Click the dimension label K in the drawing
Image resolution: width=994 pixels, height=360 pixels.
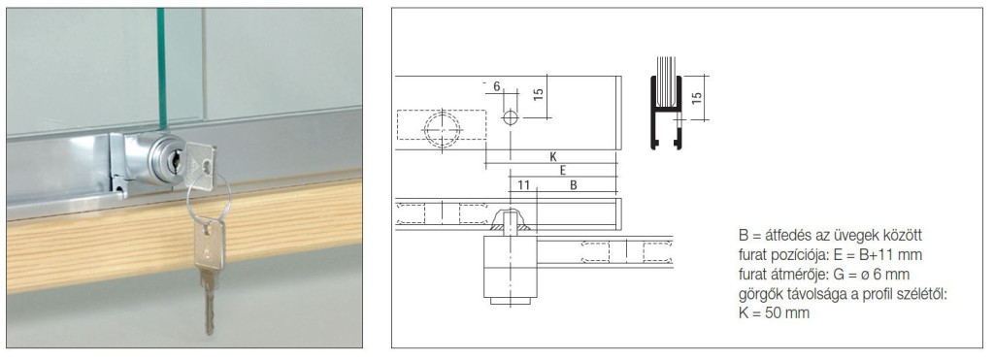tap(552, 156)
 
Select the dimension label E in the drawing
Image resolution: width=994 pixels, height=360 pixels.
tap(562, 170)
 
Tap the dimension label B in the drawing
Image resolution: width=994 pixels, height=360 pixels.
tap(573, 185)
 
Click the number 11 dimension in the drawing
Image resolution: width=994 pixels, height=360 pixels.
tap(523, 185)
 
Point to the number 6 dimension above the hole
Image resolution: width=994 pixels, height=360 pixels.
tap(496, 86)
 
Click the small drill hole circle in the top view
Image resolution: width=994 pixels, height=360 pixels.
tap(511, 117)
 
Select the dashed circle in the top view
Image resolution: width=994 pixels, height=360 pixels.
tap(442, 130)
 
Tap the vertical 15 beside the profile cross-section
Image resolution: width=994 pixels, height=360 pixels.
tap(697, 98)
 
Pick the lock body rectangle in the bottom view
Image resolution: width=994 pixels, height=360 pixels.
tap(511, 267)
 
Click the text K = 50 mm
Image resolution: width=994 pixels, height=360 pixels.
tap(774, 313)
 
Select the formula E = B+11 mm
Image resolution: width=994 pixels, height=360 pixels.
tap(855, 255)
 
